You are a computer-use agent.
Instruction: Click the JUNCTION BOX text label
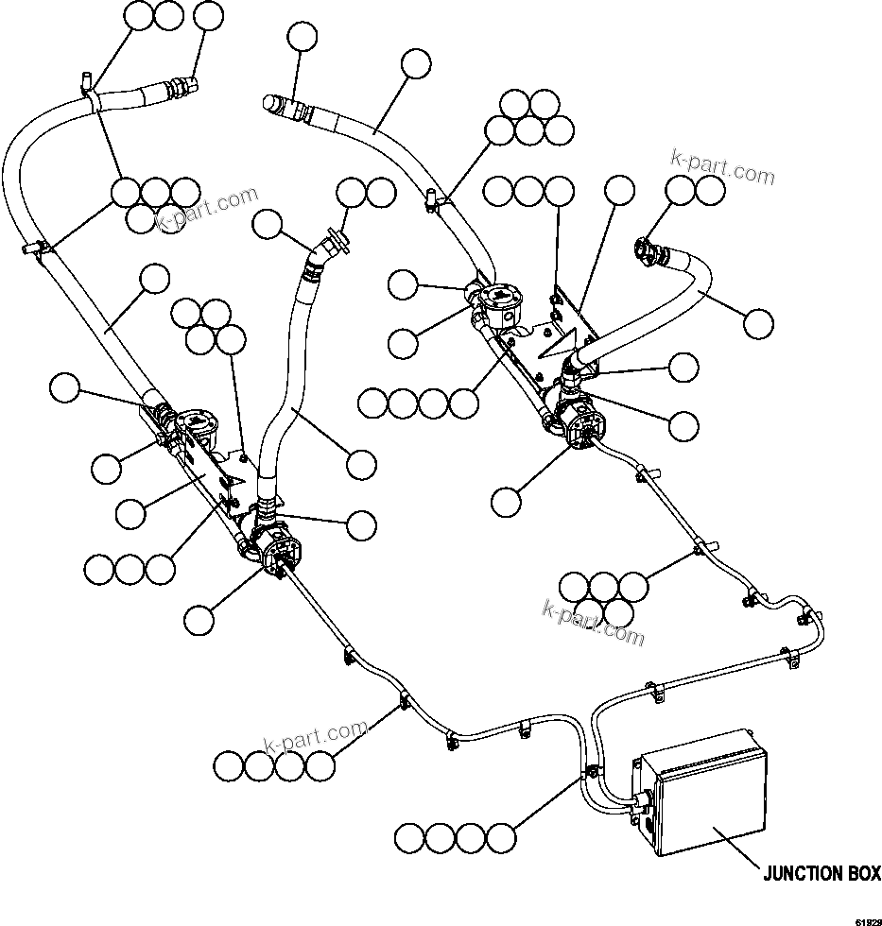coord(821,874)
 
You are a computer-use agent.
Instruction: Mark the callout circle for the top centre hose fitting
coord(303,38)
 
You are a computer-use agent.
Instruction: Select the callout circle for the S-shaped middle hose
coord(362,463)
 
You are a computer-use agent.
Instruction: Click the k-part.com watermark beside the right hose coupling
coord(722,171)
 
